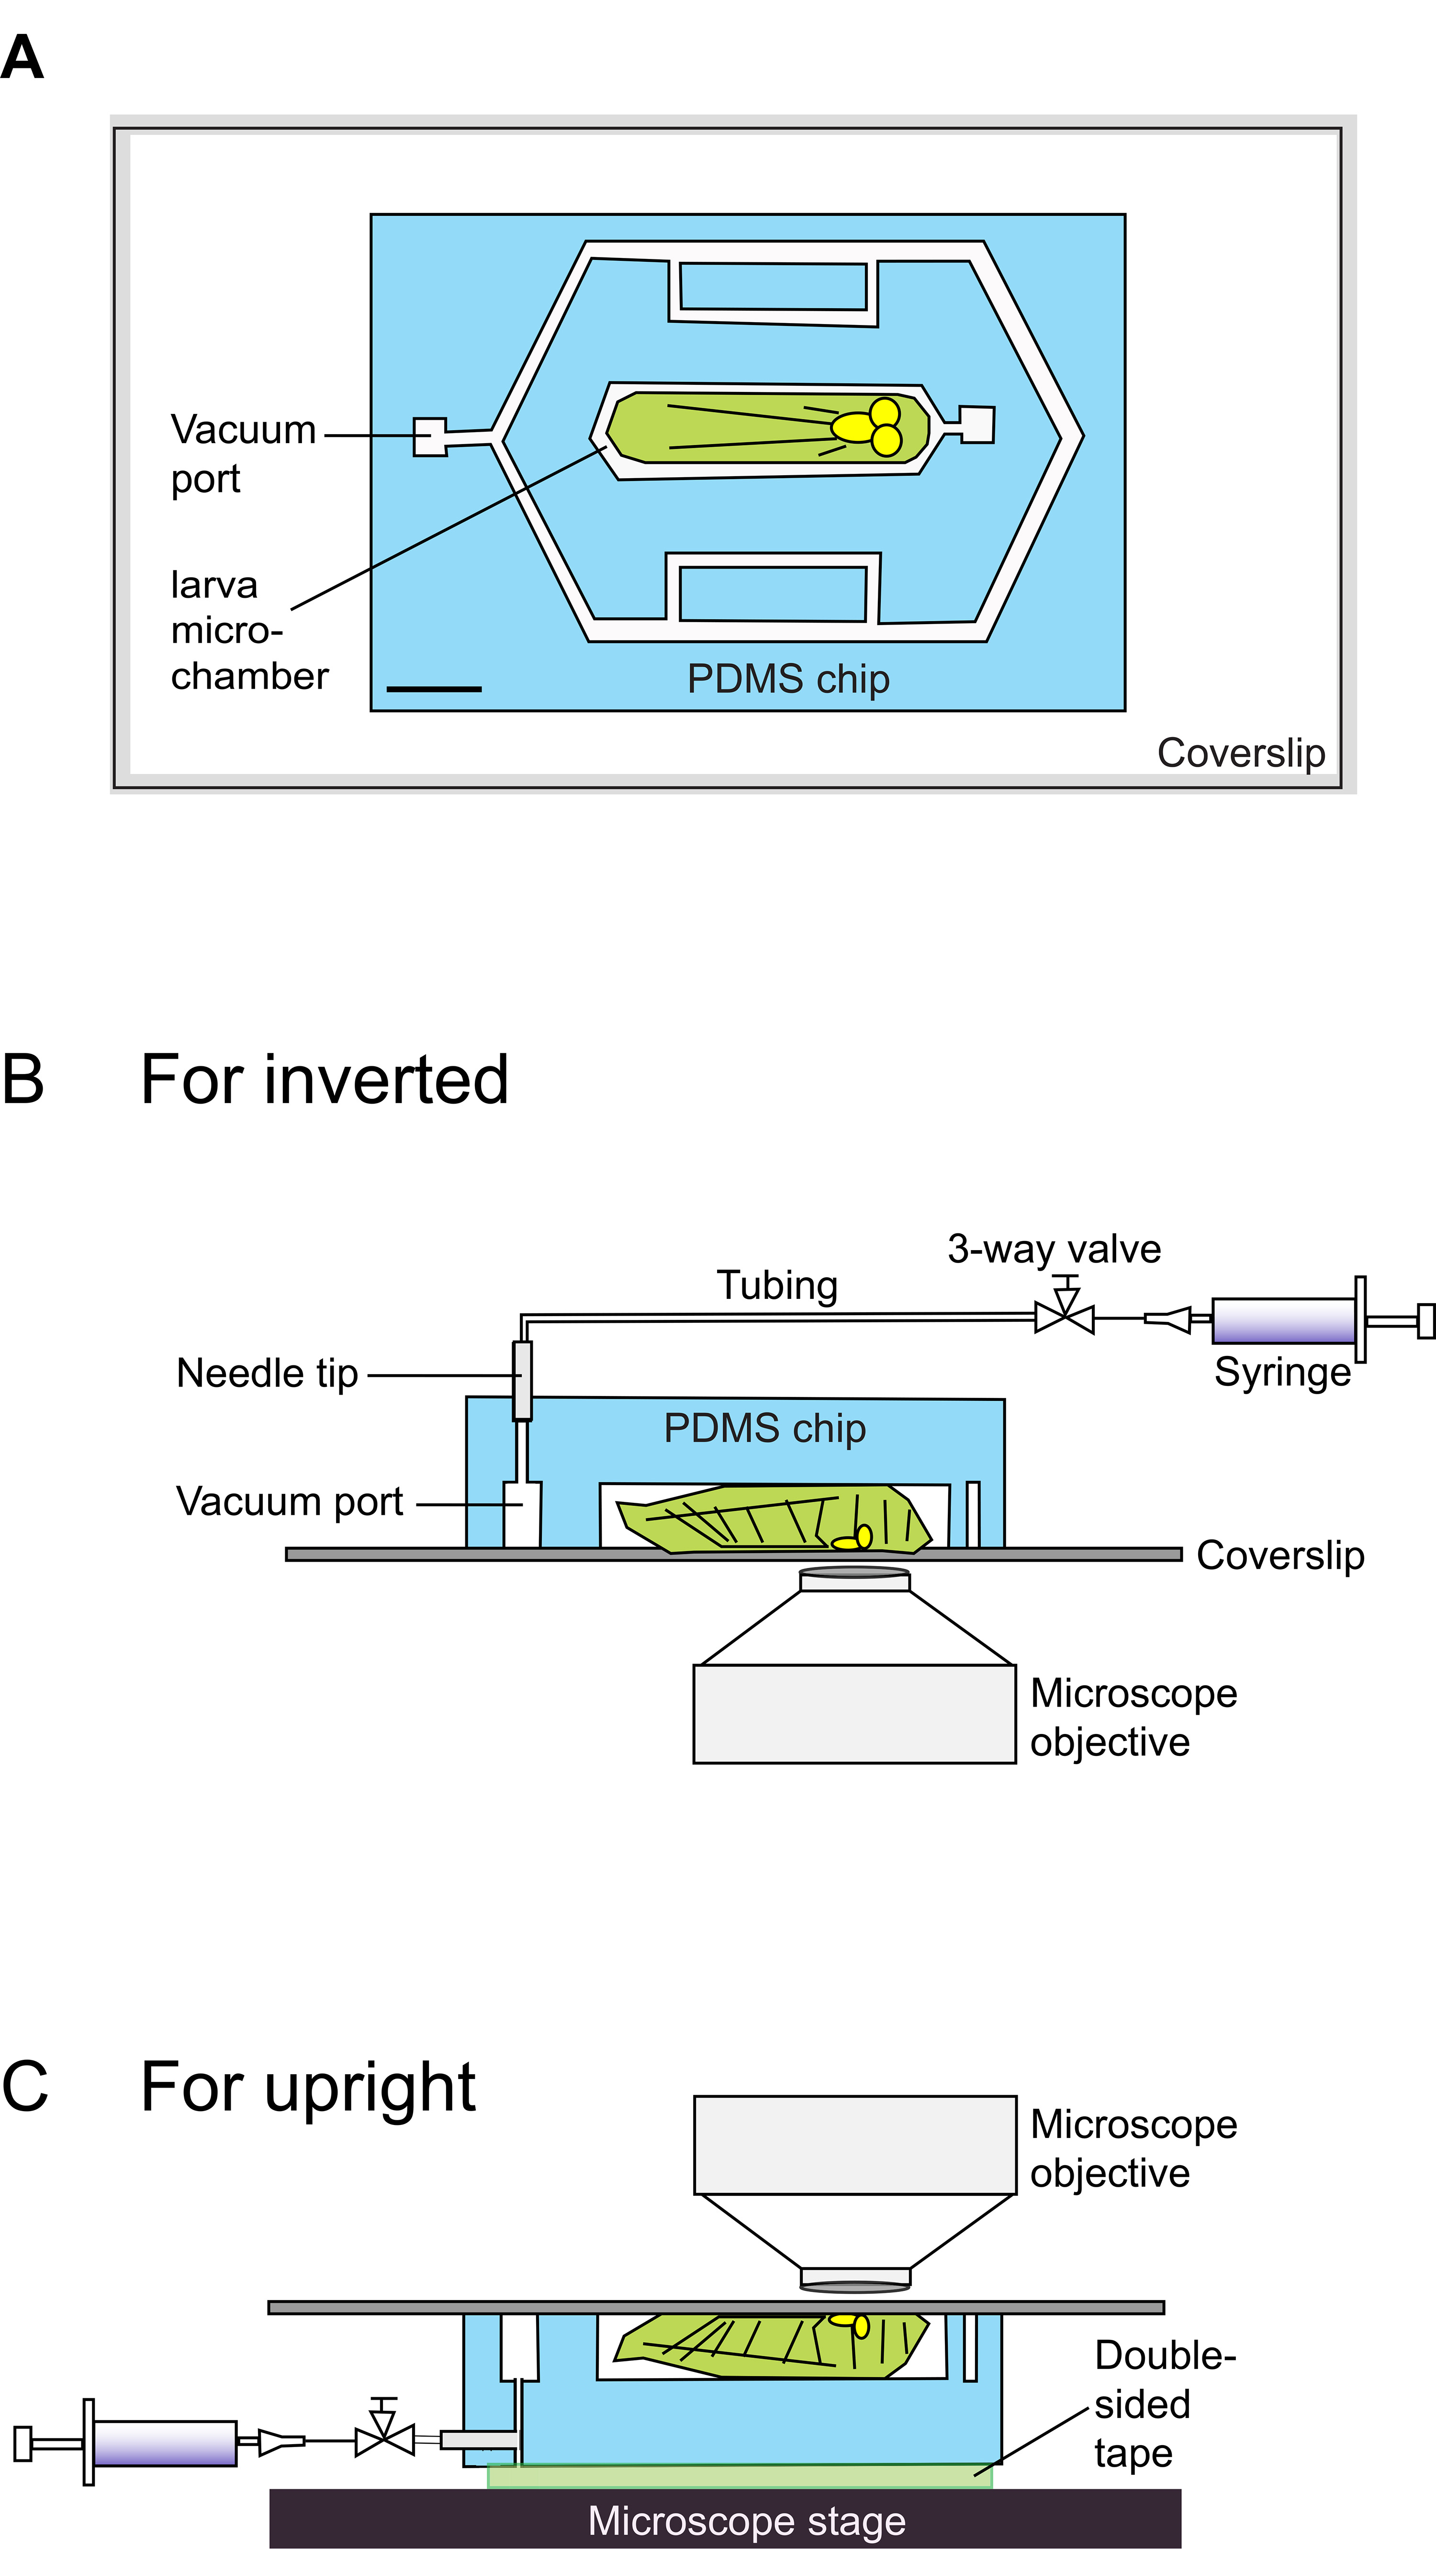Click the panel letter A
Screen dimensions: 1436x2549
tap(23, 57)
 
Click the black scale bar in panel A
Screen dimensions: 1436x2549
tap(434, 689)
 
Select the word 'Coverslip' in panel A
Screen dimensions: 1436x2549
tap(1241, 753)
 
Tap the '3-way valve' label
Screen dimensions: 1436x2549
tap(1054, 1250)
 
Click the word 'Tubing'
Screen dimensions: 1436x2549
tap(777, 1286)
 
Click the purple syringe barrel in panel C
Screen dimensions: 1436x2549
tap(165, 2442)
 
